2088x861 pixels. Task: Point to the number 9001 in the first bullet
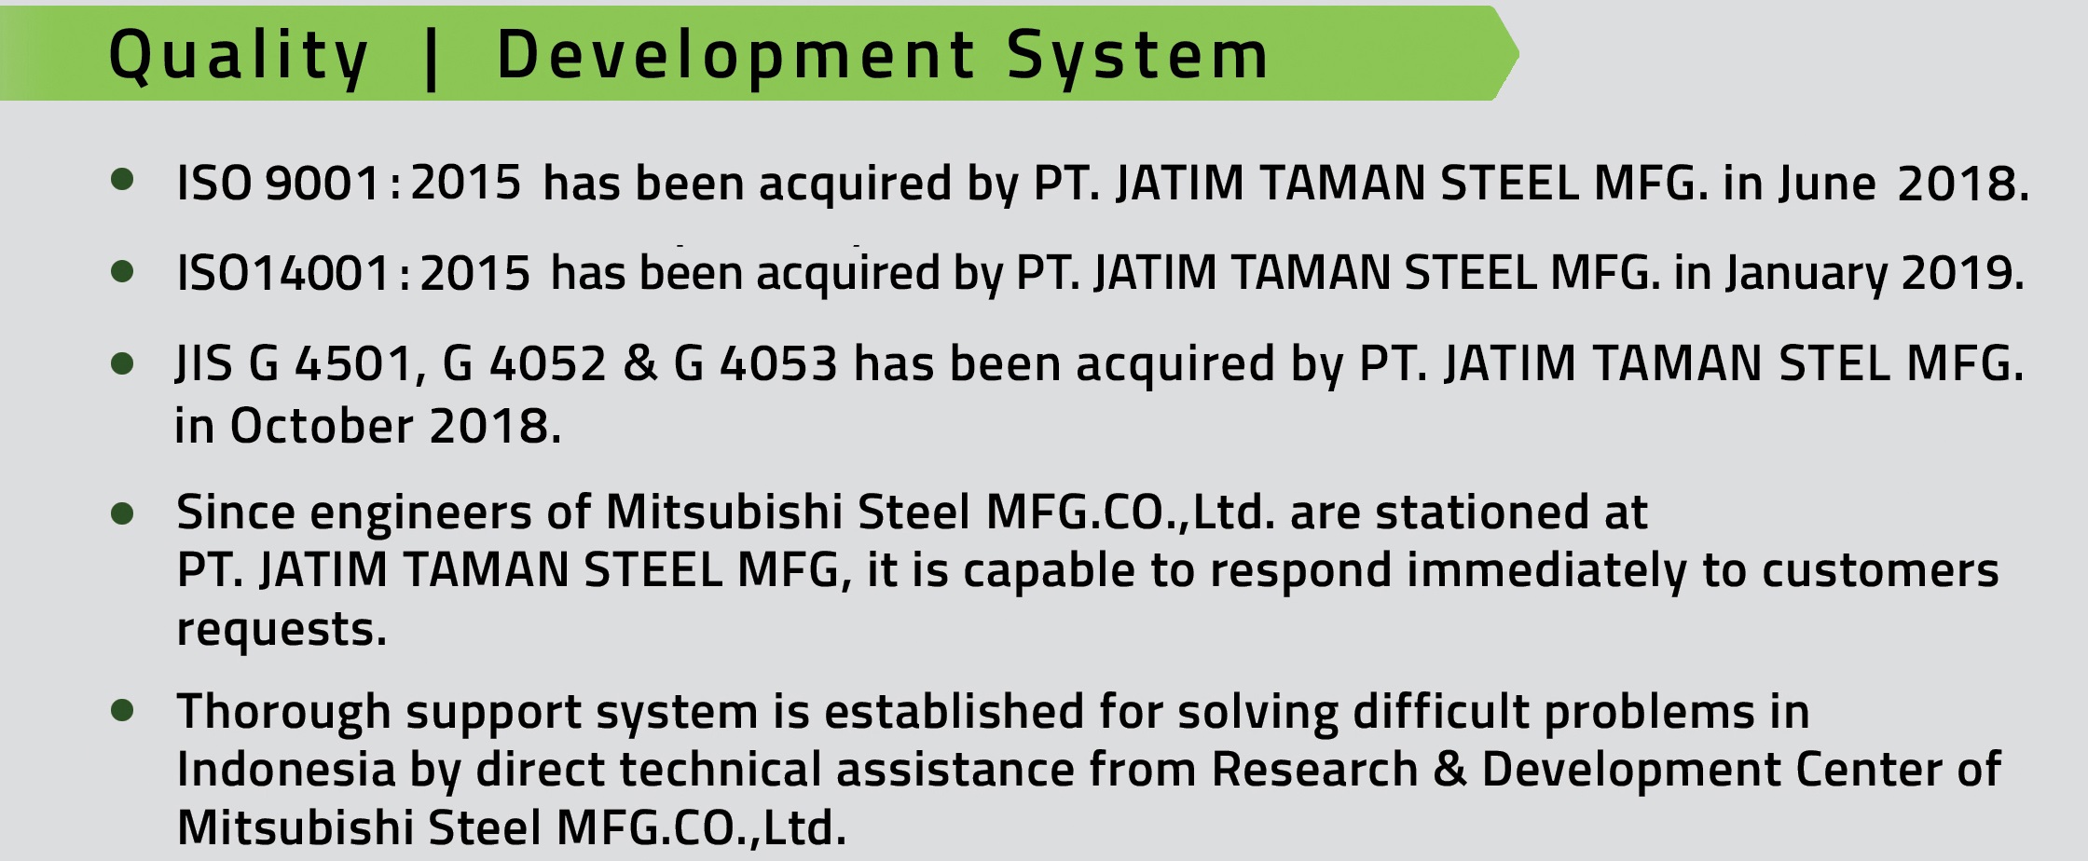tap(323, 183)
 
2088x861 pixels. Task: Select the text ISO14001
tap(282, 273)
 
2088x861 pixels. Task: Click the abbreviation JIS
tap(203, 363)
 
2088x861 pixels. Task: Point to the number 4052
tap(548, 363)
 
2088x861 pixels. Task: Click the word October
tap(322, 427)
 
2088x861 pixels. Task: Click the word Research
tap(1314, 770)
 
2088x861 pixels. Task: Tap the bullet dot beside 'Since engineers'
tap(122, 513)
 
